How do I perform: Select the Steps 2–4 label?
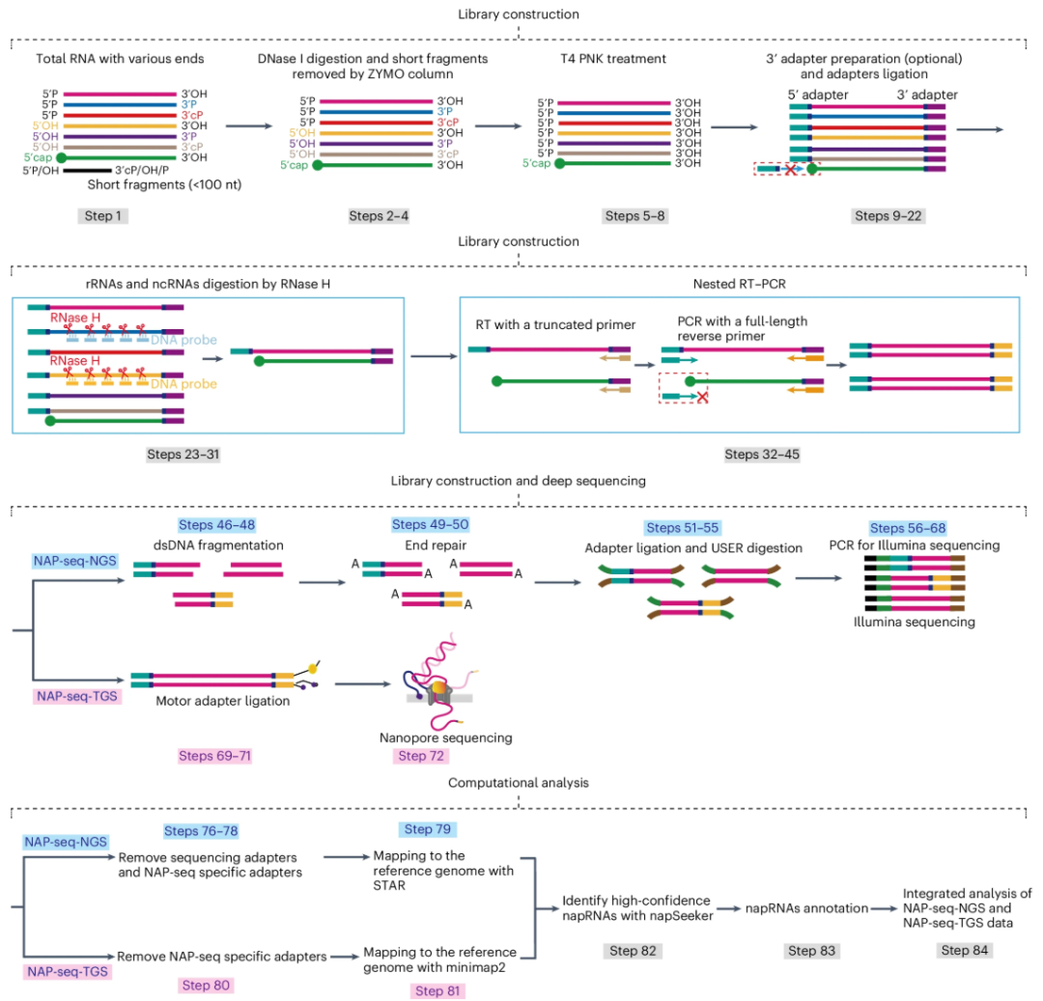click(x=379, y=215)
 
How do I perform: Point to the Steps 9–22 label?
click(x=888, y=215)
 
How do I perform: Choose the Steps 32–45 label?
click(x=761, y=454)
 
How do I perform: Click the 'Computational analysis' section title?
click(x=520, y=783)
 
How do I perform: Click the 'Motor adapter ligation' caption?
click(x=222, y=701)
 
